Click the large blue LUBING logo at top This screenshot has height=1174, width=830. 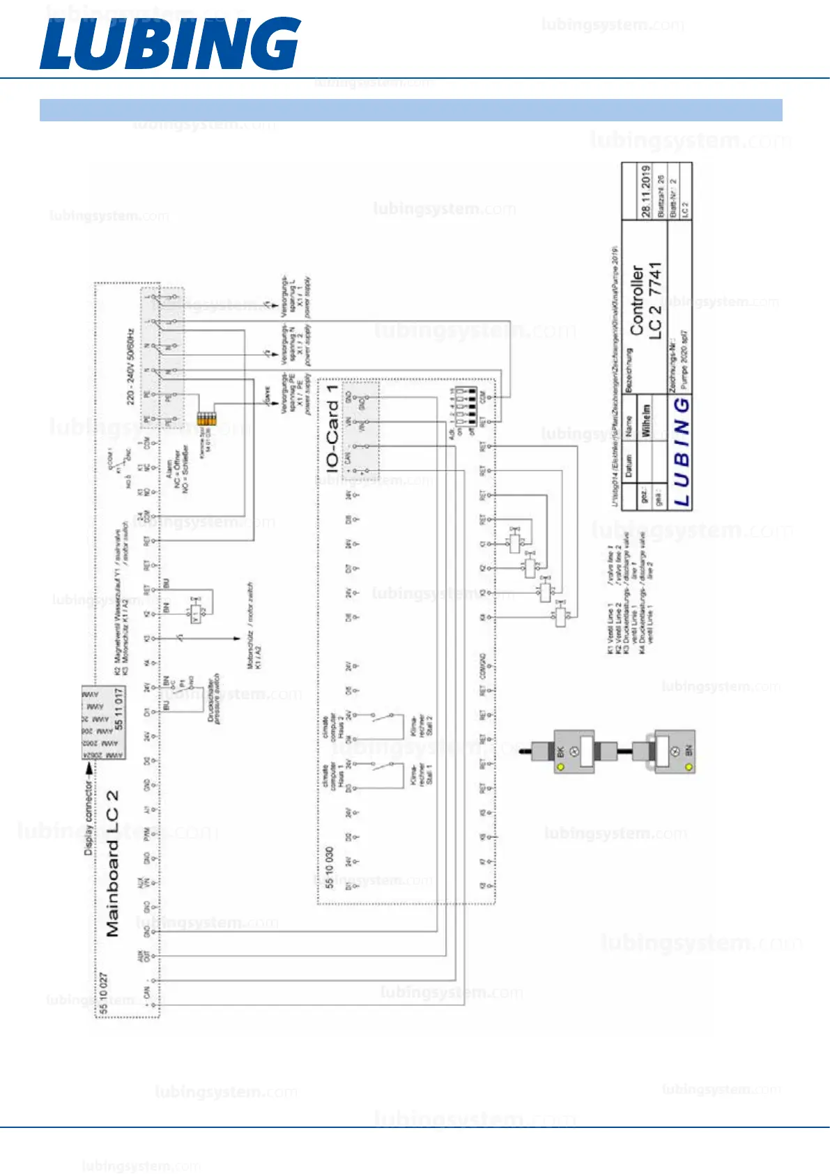170,43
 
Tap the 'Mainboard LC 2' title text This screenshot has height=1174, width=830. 112,863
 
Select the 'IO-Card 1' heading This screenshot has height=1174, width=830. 332,428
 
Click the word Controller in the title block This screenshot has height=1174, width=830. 637,299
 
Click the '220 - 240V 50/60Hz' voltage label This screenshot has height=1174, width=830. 130,366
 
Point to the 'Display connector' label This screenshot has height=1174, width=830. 89,816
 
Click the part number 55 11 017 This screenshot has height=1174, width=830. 119,709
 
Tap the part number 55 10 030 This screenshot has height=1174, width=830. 329,867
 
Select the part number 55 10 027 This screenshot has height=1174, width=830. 103,993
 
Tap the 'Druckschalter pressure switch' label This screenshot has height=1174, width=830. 214,699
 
